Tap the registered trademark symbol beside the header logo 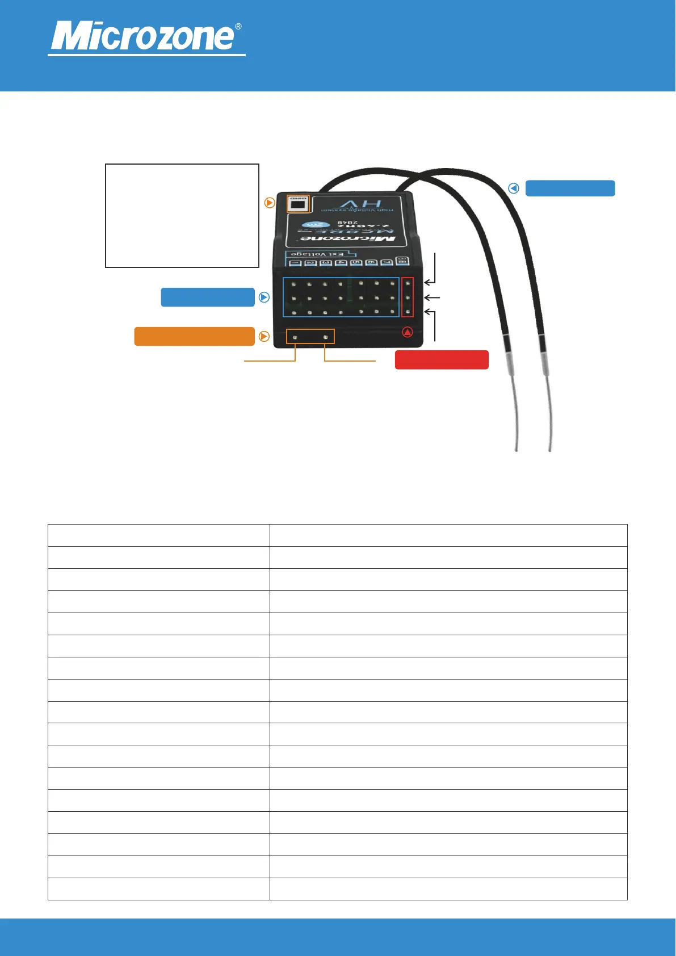[238, 27]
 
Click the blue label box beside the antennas [570, 188]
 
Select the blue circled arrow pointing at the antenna [514, 188]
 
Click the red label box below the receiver [442, 360]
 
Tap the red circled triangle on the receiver [408, 332]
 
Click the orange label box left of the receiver [194, 336]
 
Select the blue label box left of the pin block [208, 297]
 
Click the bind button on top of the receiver [298, 204]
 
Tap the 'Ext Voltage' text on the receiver [317, 254]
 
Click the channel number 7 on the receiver [387, 262]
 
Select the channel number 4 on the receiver [341, 262]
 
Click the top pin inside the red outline [408, 283]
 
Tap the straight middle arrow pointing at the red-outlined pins [432, 297]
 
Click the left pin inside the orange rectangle [295, 338]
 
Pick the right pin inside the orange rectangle [325, 338]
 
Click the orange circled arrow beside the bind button [270, 203]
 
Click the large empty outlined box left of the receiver [182, 215]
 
